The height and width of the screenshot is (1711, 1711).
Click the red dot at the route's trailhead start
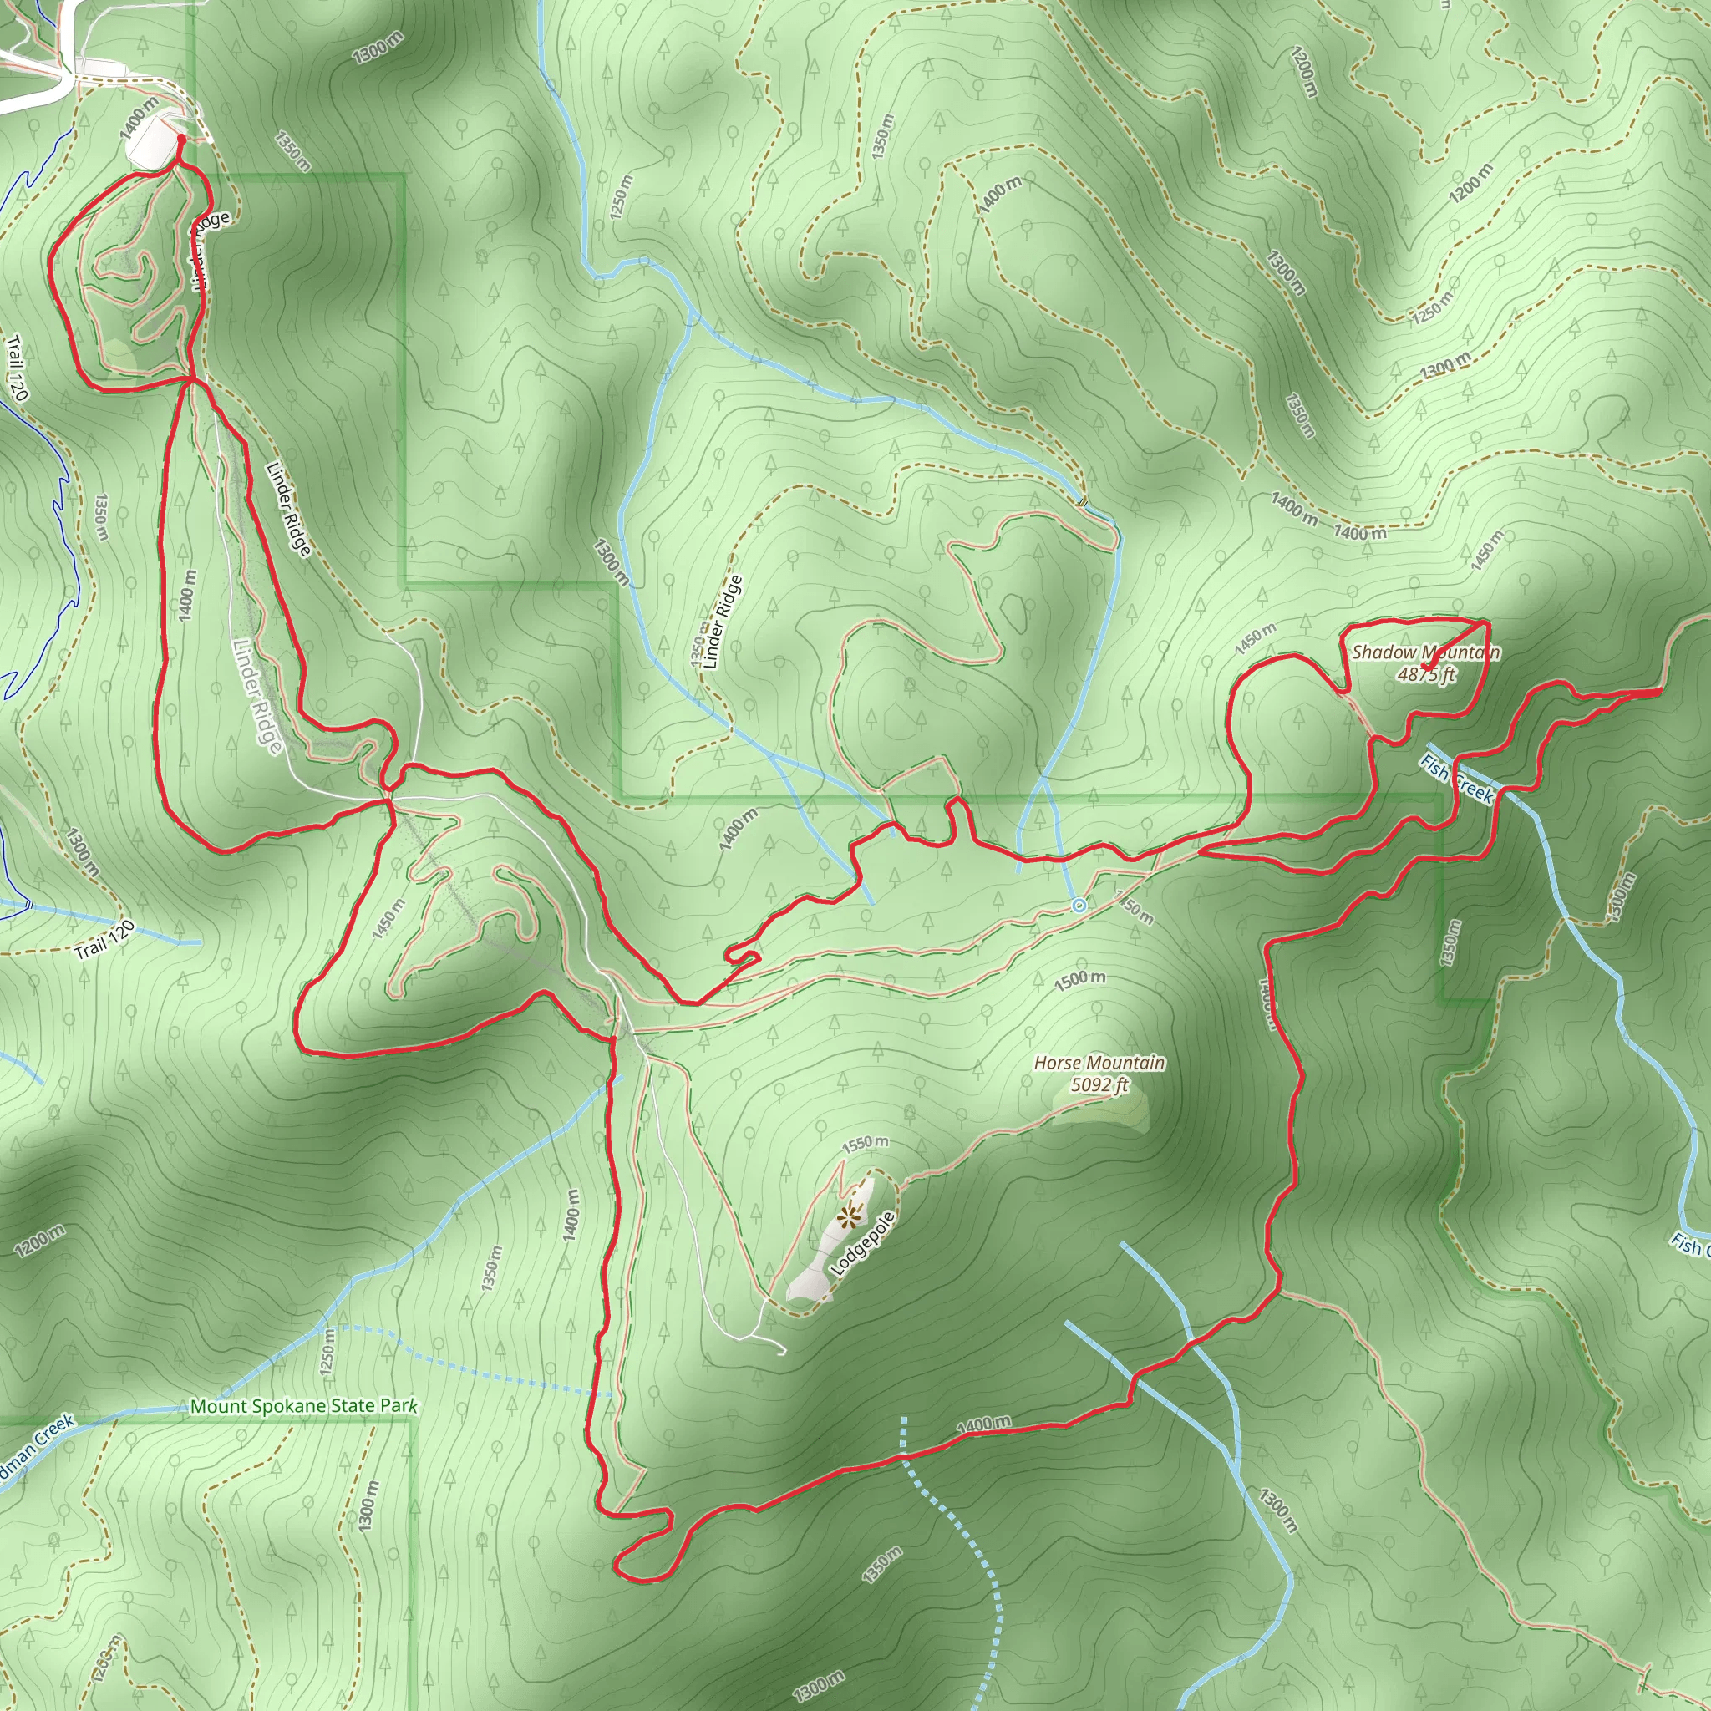coord(181,138)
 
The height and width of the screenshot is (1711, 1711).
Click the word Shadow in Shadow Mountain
coord(1384,652)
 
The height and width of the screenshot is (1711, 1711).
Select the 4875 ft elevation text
coord(1427,675)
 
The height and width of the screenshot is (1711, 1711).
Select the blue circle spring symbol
coord(1079,905)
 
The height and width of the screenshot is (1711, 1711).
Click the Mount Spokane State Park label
coord(304,1405)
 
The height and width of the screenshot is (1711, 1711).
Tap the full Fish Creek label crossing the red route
coord(1457,779)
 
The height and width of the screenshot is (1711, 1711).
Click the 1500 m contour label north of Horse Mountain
coord(1079,979)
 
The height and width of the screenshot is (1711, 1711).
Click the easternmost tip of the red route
coord(1658,692)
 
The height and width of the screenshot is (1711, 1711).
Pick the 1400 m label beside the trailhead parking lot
coord(138,118)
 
